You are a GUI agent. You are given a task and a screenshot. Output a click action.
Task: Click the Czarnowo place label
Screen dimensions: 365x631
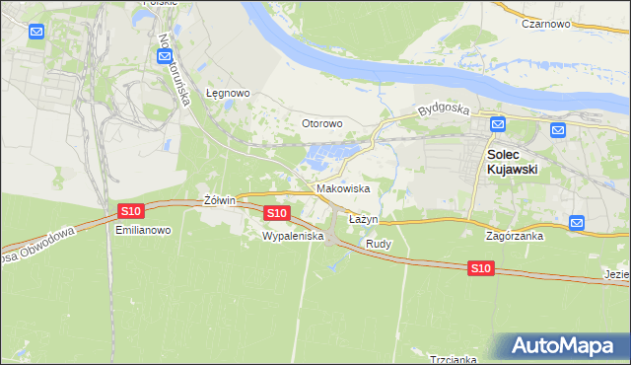coord(548,23)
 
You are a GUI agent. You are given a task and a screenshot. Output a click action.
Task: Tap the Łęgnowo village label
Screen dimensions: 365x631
coord(228,94)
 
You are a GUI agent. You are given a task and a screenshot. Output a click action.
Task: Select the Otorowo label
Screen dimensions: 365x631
coord(321,123)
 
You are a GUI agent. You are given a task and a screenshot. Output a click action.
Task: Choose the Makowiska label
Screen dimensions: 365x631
coord(343,187)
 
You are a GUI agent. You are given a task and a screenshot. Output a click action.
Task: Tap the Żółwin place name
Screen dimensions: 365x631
coord(219,200)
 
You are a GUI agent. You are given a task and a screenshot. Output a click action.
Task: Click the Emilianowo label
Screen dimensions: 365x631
coord(143,230)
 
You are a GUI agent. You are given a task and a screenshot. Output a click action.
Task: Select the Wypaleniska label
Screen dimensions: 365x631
coord(293,237)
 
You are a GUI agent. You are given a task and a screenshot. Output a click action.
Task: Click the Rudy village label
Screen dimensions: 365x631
coord(379,243)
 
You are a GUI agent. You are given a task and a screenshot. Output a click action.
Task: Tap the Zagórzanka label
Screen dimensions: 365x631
coord(515,237)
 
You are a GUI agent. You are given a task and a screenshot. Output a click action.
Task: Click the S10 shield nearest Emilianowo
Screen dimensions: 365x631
coord(130,211)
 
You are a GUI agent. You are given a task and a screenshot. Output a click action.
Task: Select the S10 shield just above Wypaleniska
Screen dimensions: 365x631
coord(277,213)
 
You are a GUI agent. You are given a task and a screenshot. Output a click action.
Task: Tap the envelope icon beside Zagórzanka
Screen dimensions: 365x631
coord(578,223)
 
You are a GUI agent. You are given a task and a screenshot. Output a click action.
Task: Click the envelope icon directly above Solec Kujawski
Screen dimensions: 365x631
coord(498,124)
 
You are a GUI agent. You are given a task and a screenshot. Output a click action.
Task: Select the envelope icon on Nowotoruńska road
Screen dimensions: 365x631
coord(164,58)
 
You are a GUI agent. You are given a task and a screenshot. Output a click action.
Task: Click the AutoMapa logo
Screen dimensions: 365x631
coord(565,346)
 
